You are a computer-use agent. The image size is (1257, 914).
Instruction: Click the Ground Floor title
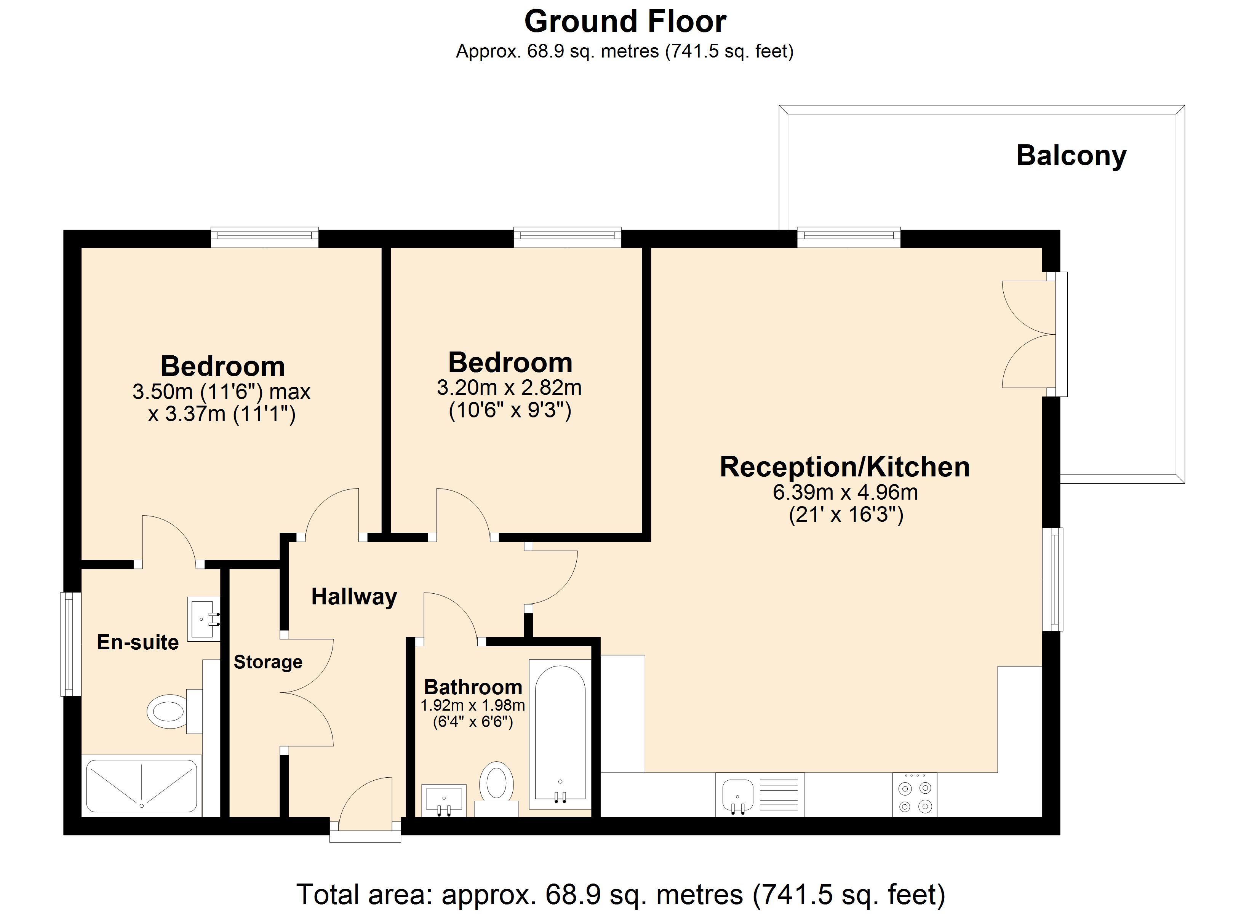point(625,22)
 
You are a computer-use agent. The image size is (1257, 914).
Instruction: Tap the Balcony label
point(1071,156)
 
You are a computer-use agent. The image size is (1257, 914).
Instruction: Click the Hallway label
point(353,597)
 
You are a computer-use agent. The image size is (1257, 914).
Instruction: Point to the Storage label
point(268,662)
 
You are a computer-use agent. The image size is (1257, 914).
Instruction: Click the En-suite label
point(138,642)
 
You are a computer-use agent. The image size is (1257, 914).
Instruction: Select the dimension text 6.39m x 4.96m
point(844,492)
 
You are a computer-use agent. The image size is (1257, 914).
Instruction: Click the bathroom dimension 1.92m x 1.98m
point(472,706)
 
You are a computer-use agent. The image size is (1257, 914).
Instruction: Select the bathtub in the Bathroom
point(560,734)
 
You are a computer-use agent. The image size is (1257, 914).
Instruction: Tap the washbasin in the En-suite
point(203,618)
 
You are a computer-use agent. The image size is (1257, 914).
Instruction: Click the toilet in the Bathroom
point(496,783)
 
